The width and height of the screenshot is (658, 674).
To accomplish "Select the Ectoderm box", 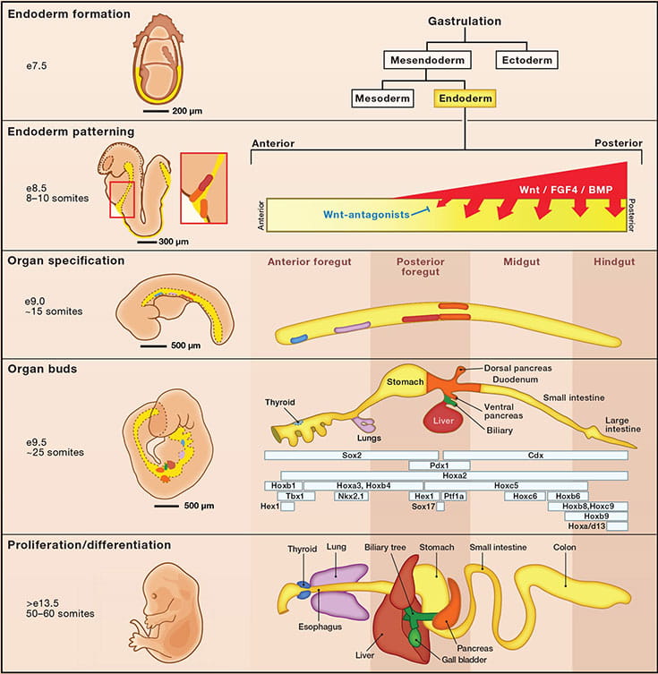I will [526, 61].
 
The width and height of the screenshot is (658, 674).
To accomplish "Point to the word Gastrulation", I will [465, 21].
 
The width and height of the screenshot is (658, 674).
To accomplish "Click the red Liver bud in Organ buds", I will [440, 420].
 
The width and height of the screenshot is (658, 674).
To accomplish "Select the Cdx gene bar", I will [535, 455].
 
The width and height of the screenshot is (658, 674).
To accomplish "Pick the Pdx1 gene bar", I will [427, 465].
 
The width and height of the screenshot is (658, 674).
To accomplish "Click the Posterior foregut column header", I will [420, 266].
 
